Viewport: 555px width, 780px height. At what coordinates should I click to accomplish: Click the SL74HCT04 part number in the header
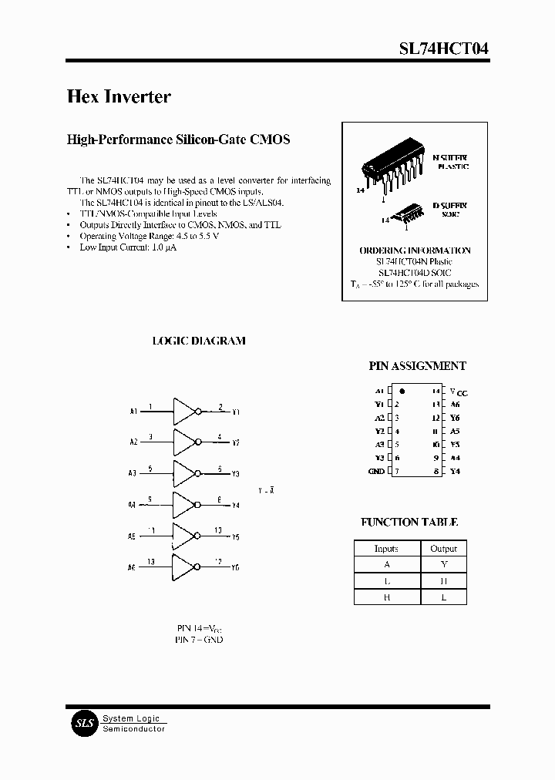pos(442,49)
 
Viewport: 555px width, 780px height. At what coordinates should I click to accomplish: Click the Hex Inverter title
pos(119,97)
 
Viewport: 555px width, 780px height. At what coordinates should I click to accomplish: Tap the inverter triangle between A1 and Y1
pos(185,412)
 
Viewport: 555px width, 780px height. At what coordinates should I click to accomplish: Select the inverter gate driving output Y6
pos(185,567)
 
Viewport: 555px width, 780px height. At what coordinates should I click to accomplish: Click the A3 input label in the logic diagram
pos(133,473)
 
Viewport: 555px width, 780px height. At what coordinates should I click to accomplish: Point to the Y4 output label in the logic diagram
pos(235,506)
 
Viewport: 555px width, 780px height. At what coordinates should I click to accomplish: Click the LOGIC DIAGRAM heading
pos(198,341)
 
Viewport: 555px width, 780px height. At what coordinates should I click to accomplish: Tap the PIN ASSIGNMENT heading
pos(418,367)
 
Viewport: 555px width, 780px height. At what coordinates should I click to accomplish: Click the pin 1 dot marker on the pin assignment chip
pos(402,391)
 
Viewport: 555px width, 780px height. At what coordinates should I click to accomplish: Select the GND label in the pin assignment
pos(376,471)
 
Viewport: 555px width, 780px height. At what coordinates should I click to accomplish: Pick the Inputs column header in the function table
pos(386,549)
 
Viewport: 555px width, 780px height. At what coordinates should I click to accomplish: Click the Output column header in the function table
pos(443,549)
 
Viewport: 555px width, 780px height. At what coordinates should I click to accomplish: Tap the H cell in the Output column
pos(443,580)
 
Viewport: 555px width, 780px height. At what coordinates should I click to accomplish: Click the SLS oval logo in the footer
pos(82,724)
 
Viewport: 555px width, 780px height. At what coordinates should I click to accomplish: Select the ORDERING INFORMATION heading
pos(415,250)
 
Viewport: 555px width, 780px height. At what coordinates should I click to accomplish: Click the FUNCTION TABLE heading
pos(409,523)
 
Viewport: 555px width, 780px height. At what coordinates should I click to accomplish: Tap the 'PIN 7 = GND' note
pos(199,640)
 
